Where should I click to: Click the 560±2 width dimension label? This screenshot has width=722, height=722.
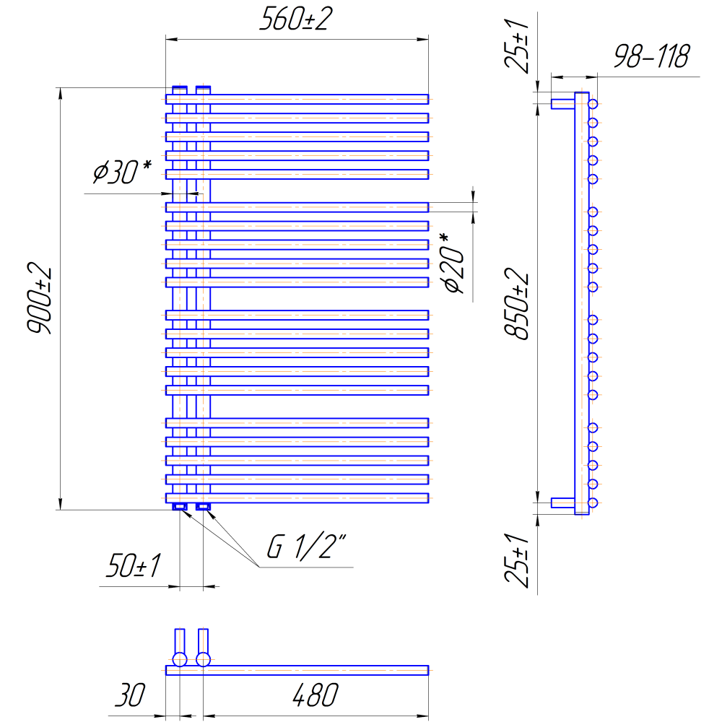coord(295,19)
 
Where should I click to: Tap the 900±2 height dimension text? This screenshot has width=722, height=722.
coord(40,298)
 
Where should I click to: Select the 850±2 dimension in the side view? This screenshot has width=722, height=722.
coord(517,304)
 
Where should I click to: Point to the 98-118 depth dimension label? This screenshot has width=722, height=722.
coord(652,56)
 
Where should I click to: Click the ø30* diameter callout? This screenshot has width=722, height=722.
coord(122,171)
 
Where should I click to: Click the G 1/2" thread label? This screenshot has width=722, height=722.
coord(306,547)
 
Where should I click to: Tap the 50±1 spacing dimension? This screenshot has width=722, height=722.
coord(133,565)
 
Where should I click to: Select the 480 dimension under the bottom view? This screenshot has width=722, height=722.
coord(316,695)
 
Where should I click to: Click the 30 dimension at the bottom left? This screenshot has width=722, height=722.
coord(130,695)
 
